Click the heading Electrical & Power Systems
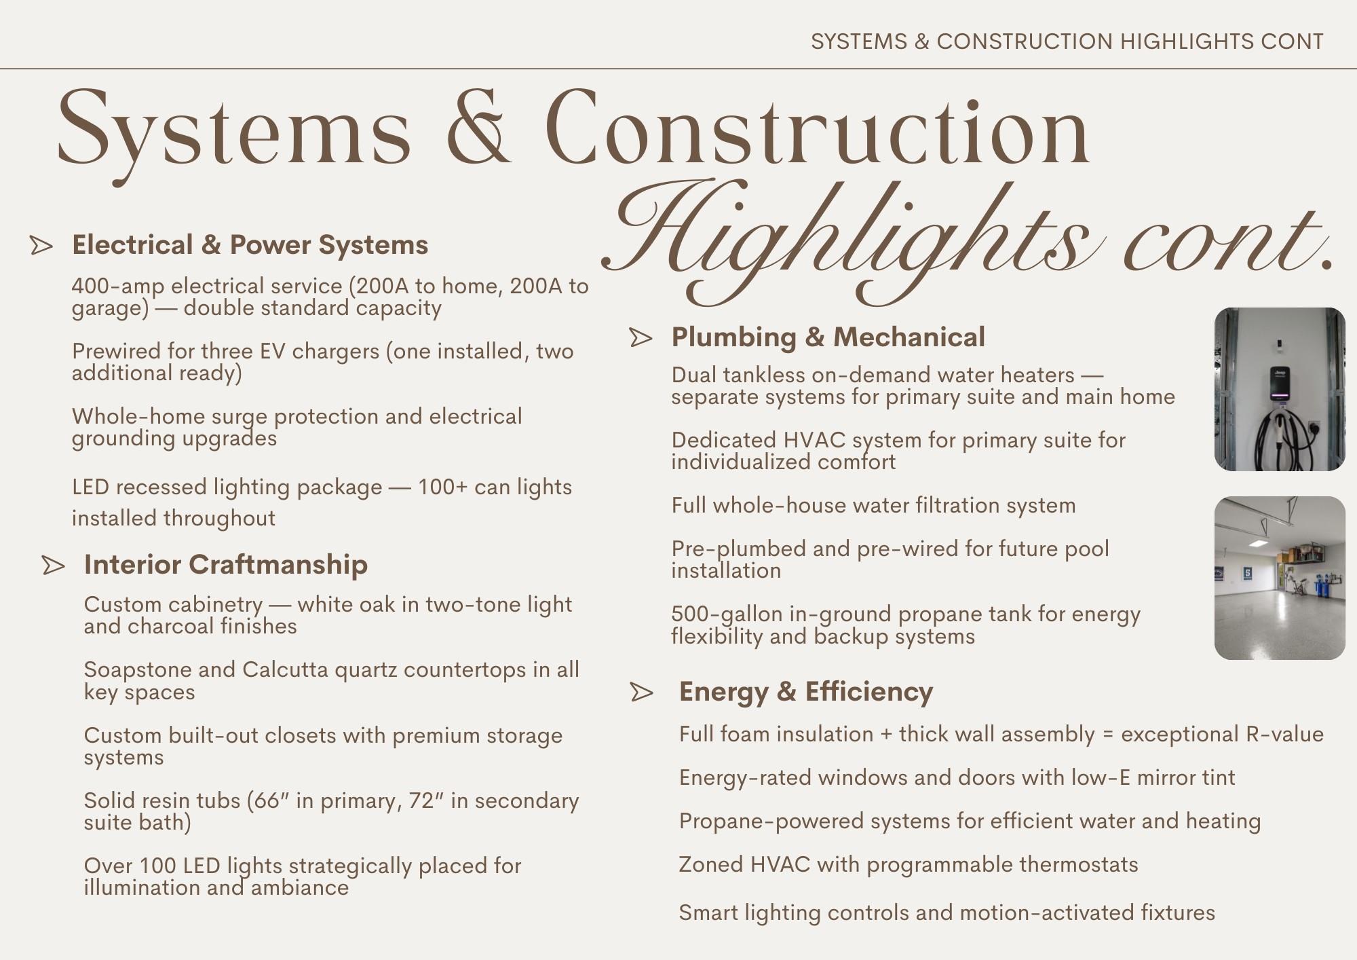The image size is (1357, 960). pos(250,245)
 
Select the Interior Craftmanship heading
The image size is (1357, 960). pos(225,565)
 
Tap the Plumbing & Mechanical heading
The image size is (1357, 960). pos(828,337)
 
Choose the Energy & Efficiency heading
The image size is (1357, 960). pos(805,692)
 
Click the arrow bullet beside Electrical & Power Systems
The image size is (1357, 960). pos(41,246)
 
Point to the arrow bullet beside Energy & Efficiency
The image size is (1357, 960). pos(641,693)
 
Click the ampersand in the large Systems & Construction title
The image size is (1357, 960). pos(478,129)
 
